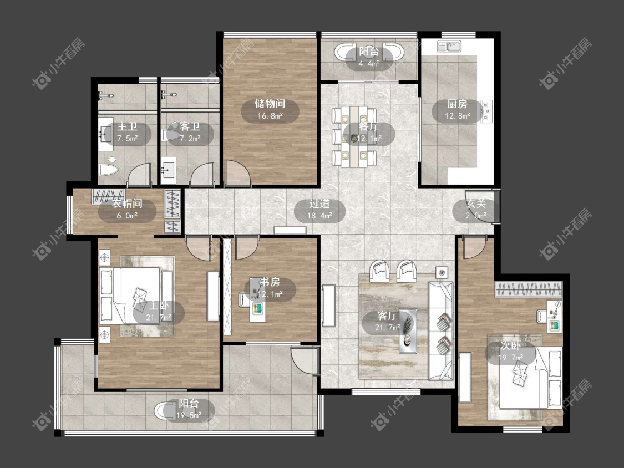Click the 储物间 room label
(x=270, y=104)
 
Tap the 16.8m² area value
(x=270, y=116)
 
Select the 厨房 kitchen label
(x=457, y=104)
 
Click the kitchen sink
(x=449, y=46)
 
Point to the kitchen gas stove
(x=486, y=111)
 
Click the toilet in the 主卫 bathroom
(x=108, y=170)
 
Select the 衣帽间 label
(x=127, y=204)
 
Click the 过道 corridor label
(x=319, y=204)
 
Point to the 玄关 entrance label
(x=476, y=204)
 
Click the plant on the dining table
(x=353, y=138)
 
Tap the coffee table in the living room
(x=408, y=330)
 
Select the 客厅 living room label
(x=387, y=316)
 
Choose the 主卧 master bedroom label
(x=159, y=306)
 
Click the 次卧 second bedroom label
(x=511, y=346)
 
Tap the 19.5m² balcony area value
(x=189, y=415)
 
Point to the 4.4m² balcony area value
(x=369, y=64)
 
